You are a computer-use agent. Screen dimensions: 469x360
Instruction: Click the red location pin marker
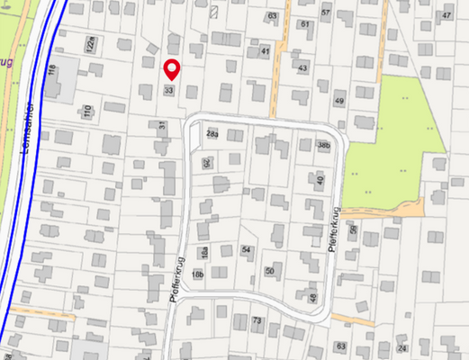172,68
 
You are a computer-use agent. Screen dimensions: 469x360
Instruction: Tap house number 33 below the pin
168,90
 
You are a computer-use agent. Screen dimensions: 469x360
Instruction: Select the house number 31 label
162,127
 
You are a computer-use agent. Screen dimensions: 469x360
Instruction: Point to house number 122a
89,44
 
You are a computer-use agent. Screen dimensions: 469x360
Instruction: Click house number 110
87,112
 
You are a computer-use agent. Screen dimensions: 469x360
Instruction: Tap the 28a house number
212,133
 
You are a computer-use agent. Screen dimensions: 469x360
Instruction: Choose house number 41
265,52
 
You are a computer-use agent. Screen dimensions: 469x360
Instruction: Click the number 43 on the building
302,68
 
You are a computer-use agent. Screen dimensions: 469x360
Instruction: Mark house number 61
304,24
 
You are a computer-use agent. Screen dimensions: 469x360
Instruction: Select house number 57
325,11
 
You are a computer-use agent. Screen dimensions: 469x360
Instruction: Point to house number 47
446,16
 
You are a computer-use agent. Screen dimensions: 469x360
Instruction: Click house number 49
339,100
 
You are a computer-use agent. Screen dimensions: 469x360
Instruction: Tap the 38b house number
324,145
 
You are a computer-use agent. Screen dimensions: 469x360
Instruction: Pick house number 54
247,249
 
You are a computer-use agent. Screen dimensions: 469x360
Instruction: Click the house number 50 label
269,270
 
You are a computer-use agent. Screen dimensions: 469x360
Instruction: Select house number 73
257,320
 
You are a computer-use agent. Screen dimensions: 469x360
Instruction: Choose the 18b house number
197,274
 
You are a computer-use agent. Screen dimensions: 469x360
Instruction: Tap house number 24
401,347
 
